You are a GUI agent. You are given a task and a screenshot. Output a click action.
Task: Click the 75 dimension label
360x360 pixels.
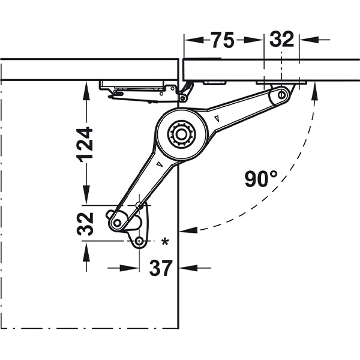click(x=223, y=40)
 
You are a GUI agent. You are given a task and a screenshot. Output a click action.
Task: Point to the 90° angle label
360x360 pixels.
click(x=261, y=178)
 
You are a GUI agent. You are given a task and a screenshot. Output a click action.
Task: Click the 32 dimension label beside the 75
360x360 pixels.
click(x=281, y=40)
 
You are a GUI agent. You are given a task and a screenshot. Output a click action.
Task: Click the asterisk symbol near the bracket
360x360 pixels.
click(x=164, y=242)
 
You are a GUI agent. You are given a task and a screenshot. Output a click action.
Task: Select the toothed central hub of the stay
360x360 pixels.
click(x=180, y=133)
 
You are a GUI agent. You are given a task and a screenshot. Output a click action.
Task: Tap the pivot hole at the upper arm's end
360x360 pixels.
click(x=281, y=94)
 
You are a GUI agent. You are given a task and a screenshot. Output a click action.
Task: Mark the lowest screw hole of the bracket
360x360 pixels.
click(x=139, y=241)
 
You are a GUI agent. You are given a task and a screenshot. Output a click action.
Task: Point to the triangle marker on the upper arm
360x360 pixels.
click(x=216, y=119)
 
